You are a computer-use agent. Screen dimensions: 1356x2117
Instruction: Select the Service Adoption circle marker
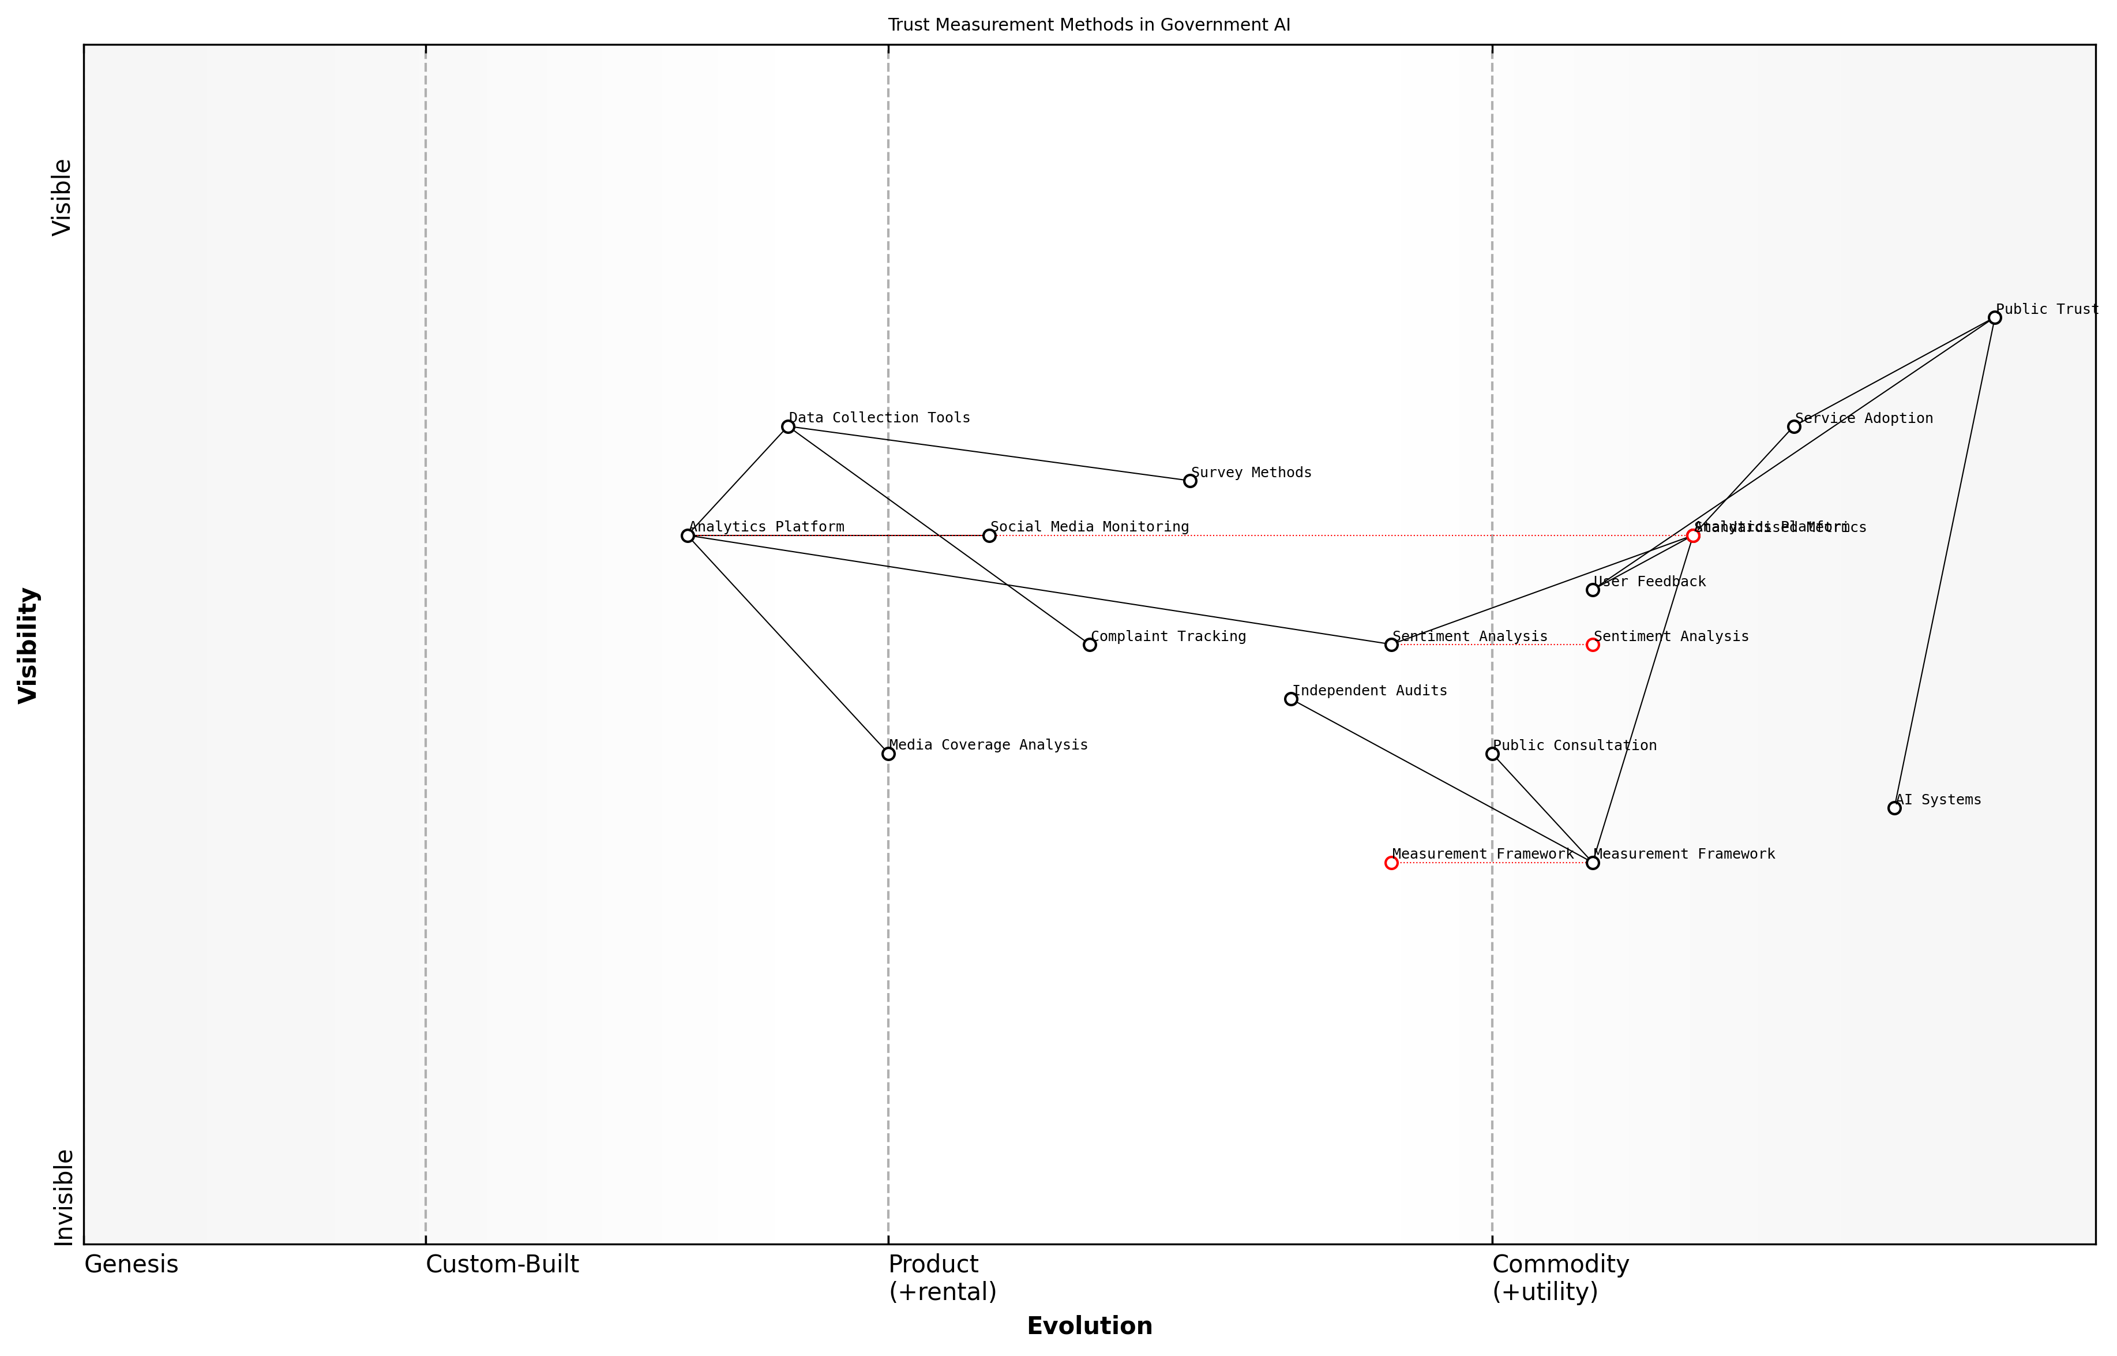tap(1793, 427)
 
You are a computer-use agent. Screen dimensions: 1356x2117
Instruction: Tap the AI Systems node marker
tap(1893, 808)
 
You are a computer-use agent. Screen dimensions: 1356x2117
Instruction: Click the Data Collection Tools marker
tap(788, 427)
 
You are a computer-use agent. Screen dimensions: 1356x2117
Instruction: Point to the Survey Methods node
tap(1189, 481)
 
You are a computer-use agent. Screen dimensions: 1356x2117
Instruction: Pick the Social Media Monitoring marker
tap(989, 535)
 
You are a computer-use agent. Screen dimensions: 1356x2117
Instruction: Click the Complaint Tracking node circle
tap(1089, 645)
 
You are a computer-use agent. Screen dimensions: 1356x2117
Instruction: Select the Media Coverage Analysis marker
tap(888, 754)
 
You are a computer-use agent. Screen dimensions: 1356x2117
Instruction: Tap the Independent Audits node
tap(1290, 699)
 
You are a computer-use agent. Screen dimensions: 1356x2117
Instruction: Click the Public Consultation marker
tap(1492, 754)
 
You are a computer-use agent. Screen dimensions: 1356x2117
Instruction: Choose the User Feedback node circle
tap(1593, 590)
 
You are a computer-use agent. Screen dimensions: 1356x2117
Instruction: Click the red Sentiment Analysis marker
tap(1593, 645)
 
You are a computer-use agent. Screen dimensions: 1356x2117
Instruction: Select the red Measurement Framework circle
tap(1391, 863)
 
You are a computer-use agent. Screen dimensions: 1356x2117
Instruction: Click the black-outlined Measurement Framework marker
tap(1593, 863)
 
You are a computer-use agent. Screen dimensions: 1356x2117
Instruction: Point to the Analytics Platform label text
tap(766, 527)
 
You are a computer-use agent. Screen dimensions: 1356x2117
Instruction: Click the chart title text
tap(1089, 25)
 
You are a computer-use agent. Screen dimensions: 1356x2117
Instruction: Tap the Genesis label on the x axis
tap(131, 1264)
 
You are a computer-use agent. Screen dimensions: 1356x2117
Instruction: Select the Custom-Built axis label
tap(502, 1264)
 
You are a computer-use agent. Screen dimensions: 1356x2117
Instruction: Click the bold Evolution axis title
tap(1089, 1326)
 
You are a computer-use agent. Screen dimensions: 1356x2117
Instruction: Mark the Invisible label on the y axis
tap(62, 1197)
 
